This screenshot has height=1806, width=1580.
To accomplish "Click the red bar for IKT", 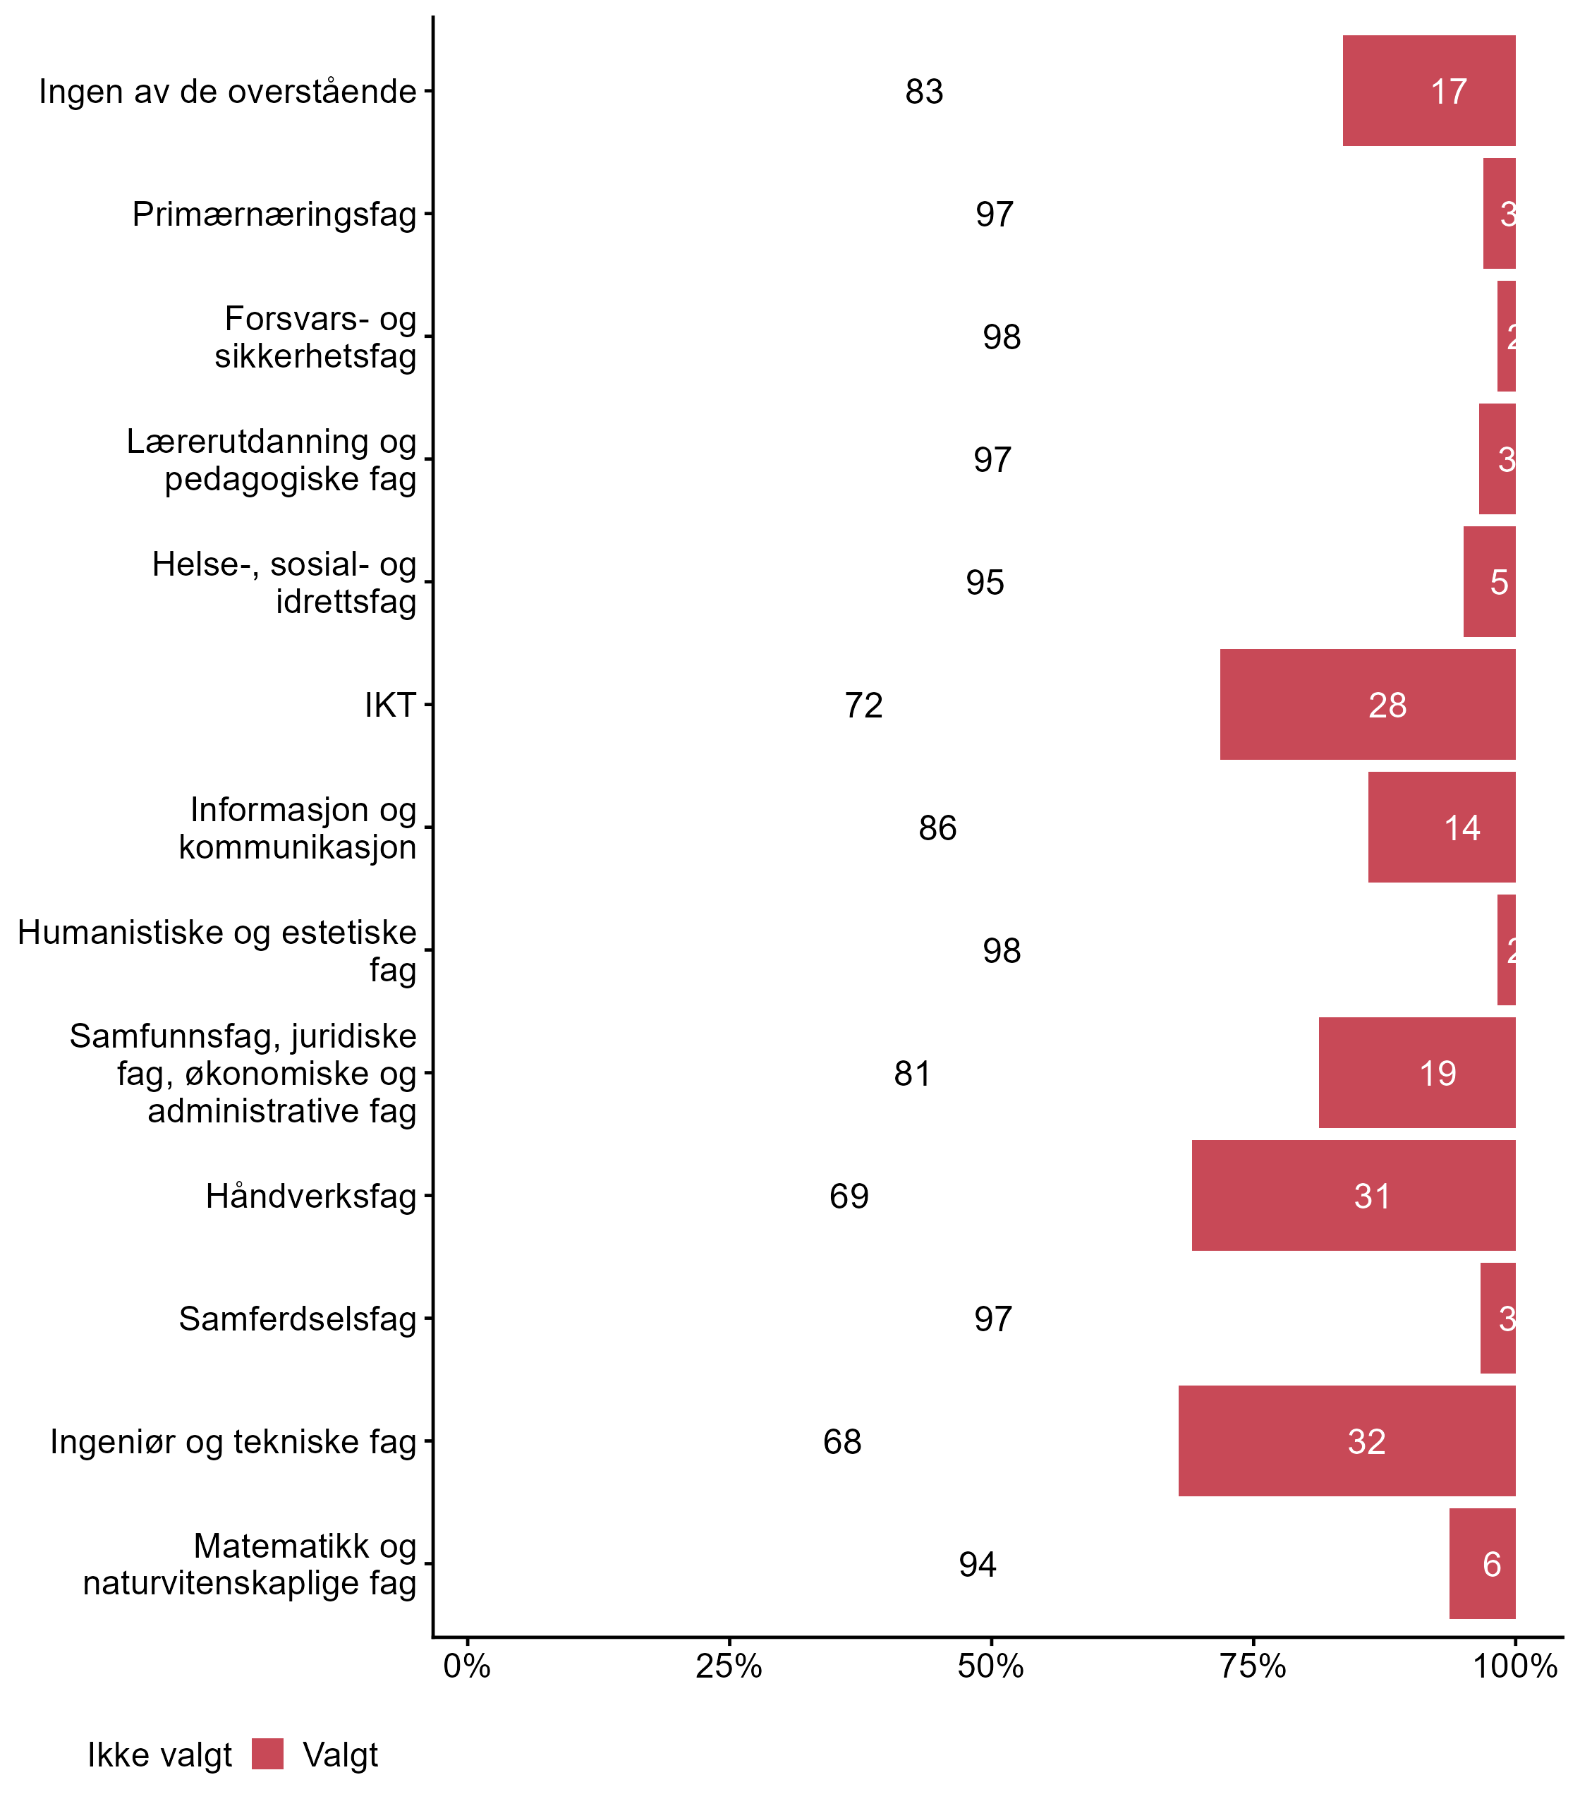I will [1367, 705].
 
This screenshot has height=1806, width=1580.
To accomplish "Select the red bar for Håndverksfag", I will [1353, 1195].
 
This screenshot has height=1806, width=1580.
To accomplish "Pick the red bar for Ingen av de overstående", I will [1428, 91].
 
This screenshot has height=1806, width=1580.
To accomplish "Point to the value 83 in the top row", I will [924, 92].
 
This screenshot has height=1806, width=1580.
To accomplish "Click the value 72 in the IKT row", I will [863, 705].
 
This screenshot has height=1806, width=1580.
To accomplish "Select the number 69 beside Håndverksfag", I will [849, 1196].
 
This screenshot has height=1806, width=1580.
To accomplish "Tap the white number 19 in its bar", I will [1438, 1073].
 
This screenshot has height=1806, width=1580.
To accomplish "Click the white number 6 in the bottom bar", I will [1491, 1565].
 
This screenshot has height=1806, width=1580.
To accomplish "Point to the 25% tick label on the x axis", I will [728, 1666].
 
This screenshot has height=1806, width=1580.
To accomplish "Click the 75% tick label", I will [1252, 1666].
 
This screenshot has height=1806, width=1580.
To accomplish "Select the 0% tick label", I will [466, 1666].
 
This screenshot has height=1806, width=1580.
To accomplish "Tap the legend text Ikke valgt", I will [159, 1755].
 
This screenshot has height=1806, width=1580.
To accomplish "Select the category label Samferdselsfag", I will [297, 1319].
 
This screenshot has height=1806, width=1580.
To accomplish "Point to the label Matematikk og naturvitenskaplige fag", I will [250, 1565].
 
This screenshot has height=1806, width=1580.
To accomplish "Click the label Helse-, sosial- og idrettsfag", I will [284, 582].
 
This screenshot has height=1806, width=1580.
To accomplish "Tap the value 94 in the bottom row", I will [977, 1565].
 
